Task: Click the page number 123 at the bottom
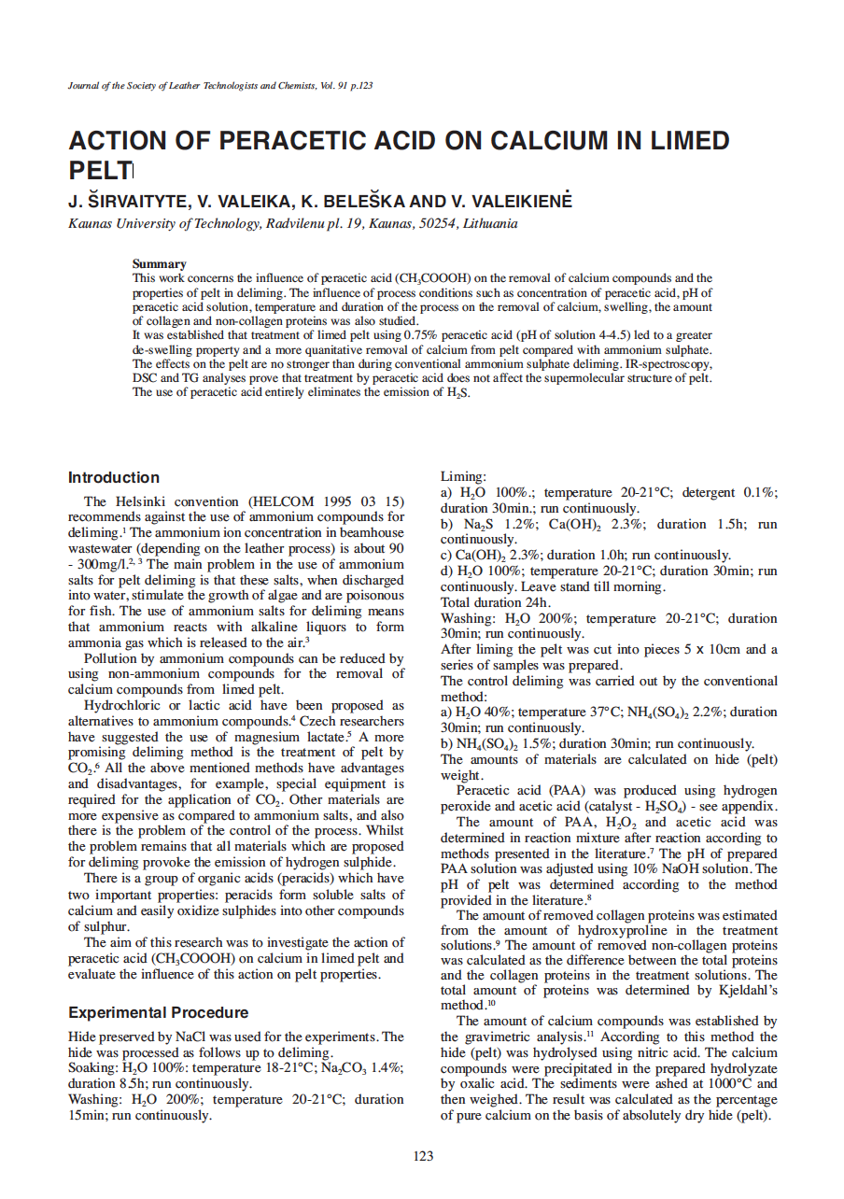(423, 1156)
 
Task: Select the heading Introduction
(114, 477)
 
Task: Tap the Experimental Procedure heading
(159, 1012)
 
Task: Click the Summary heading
(159, 264)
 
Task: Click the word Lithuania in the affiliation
(489, 223)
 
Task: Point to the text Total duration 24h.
(496, 602)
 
